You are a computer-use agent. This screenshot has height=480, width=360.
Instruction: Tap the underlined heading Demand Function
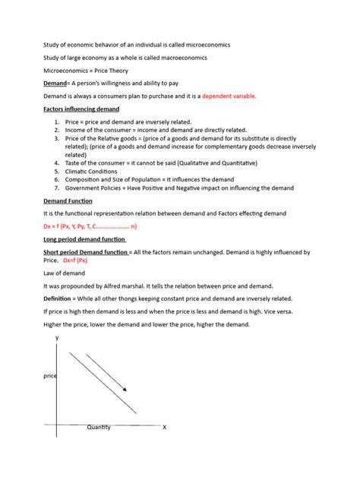(x=68, y=201)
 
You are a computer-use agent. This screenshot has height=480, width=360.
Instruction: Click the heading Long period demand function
(x=84, y=239)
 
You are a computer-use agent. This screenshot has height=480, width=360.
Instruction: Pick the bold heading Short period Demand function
(x=85, y=252)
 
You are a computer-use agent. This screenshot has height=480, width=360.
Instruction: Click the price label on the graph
(x=49, y=375)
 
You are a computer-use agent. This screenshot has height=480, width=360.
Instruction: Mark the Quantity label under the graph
(x=99, y=427)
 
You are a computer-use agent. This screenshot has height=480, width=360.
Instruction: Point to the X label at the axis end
(x=164, y=428)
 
